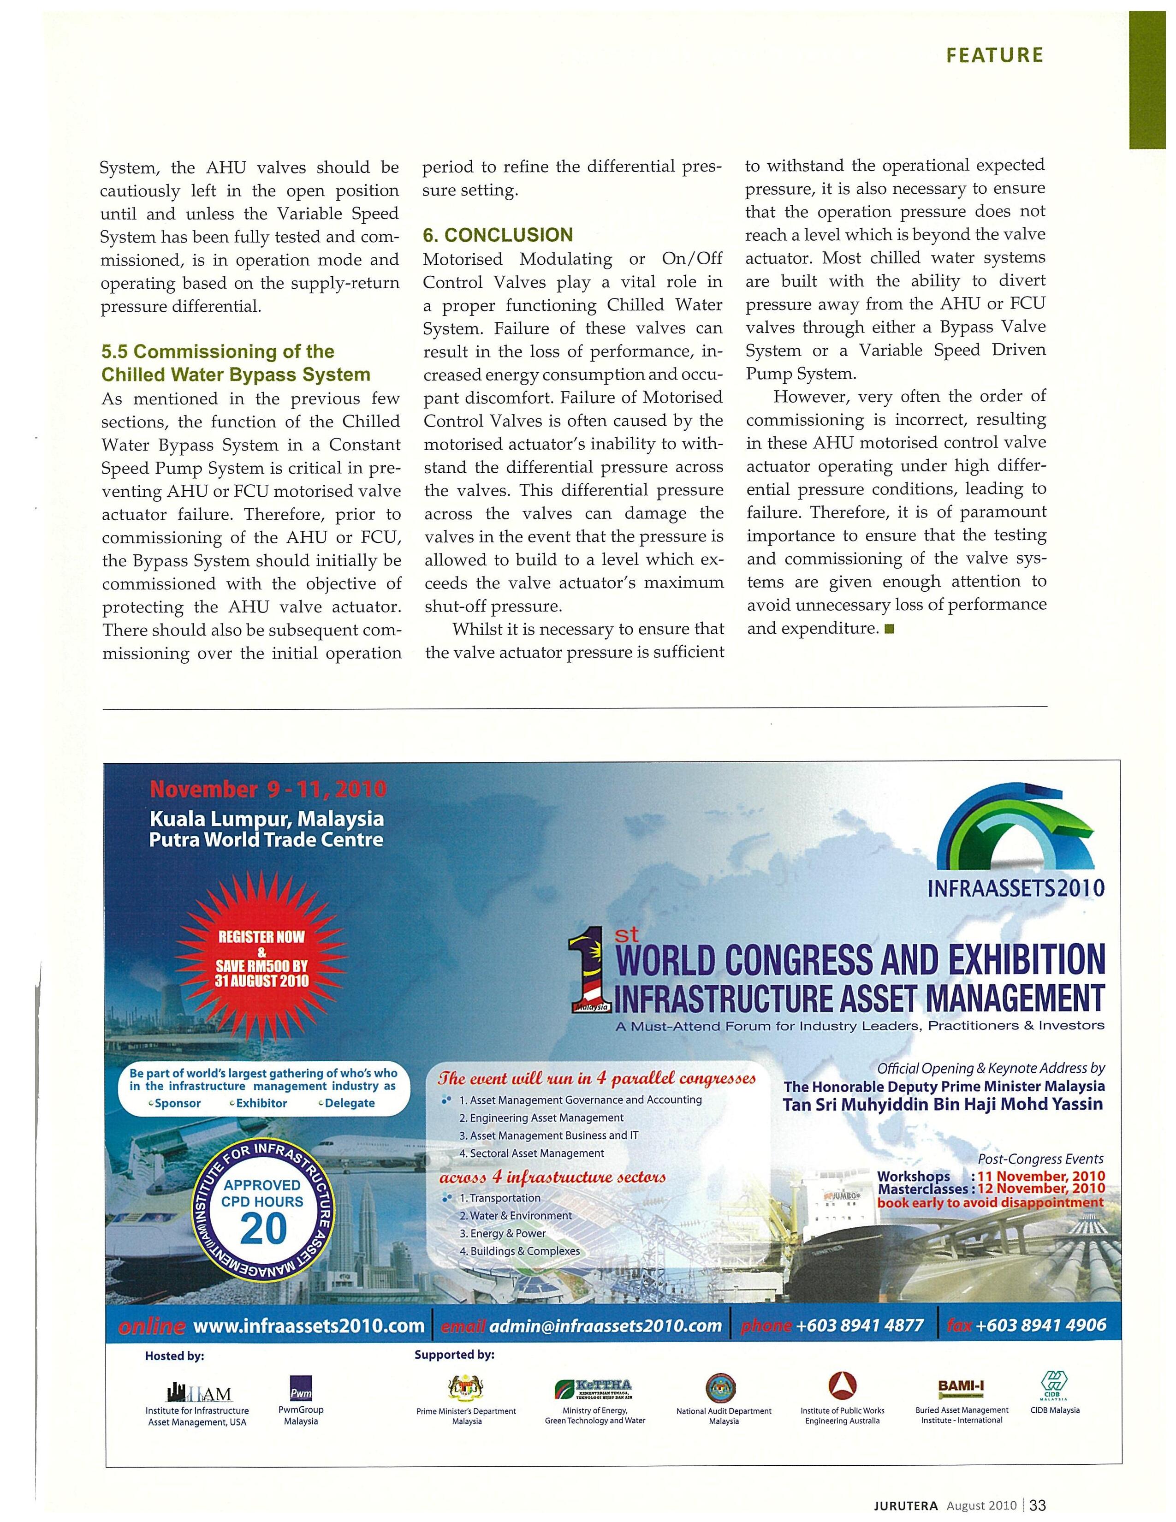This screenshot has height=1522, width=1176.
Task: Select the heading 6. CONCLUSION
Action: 498,235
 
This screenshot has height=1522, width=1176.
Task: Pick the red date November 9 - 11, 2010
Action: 268,790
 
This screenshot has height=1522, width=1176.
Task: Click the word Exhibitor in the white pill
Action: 261,1103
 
